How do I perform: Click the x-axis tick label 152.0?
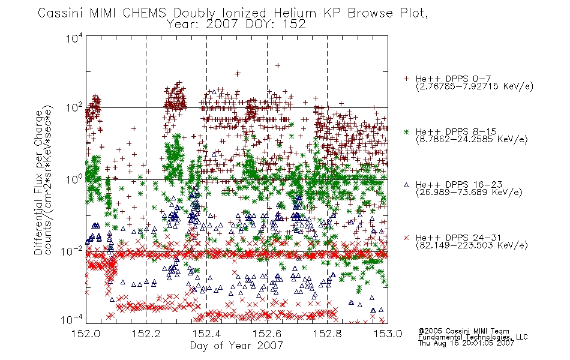pyautogui.click(x=86, y=334)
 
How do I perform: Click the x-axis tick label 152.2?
pyautogui.click(x=146, y=334)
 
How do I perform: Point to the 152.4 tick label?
pyautogui.click(x=206, y=334)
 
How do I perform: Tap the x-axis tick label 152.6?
pyautogui.click(x=267, y=334)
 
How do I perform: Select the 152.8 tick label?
pyautogui.click(x=327, y=334)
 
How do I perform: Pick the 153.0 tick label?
pyautogui.click(x=388, y=334)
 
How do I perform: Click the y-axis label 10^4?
pyautogui.click(x=74, y=38)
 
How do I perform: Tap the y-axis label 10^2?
pyautogui.click(x=74, y=107)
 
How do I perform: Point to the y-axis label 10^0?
pyautogui.click(x=74, y=179)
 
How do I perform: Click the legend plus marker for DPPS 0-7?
pyautogui.click(x=406, y=79)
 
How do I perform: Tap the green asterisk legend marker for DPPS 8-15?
pyautogui.click(x=406, y=132)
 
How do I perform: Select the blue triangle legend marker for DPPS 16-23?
pyautogui.click(x=406, y=185)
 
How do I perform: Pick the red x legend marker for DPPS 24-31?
pyautogui.click(x=406, y=238)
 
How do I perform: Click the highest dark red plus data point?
pyautogui.click(x=278, y=65)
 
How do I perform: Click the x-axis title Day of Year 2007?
pyautogui.click(x=236, y=346)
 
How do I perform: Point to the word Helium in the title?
pyautogui.click(x=295, y=13)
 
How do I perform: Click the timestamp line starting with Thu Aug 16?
pyautogui.click(x=466, y=343)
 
